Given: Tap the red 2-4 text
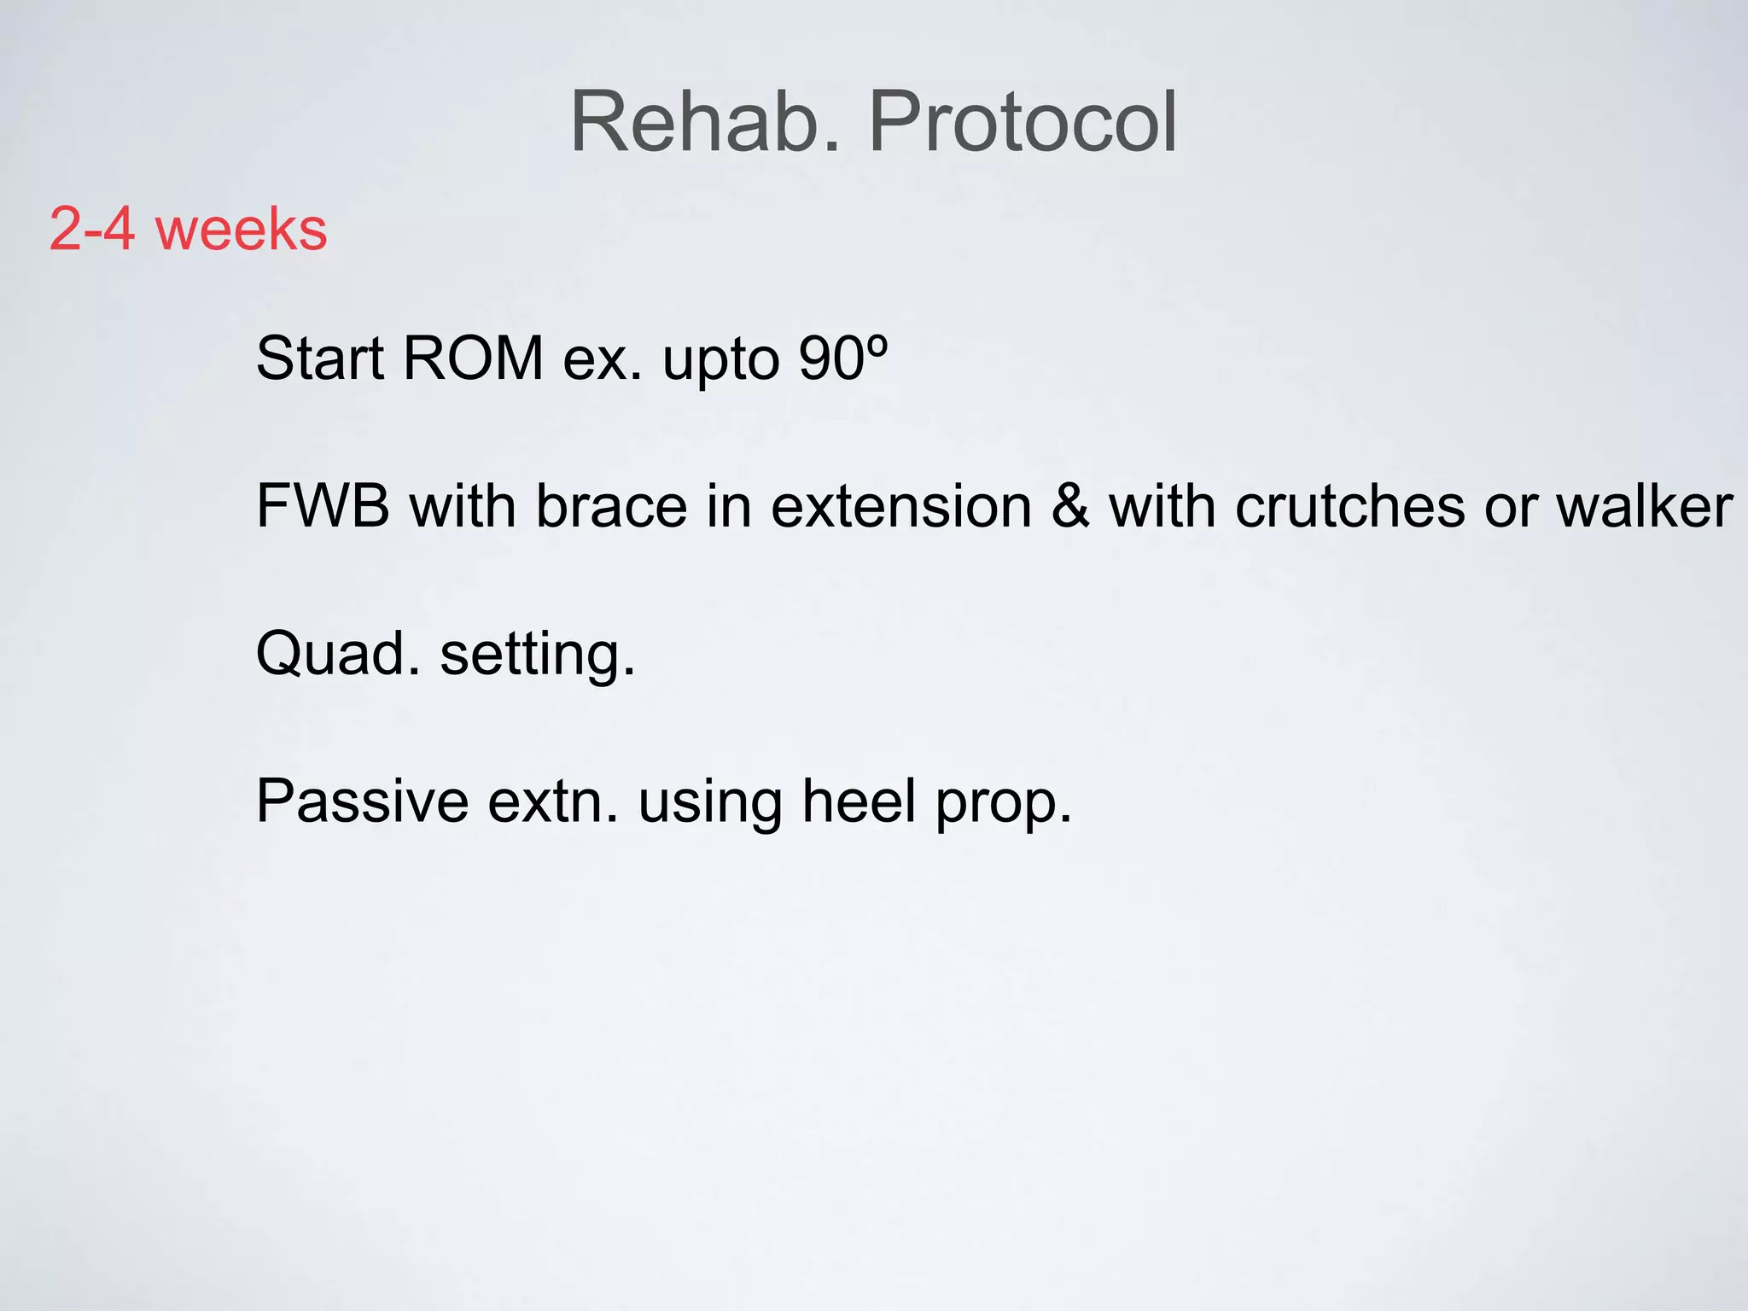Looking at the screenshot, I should (x=92, y=229).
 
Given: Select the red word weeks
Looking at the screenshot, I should (x=242, y=229).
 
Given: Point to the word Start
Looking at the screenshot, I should (x=320, y=358).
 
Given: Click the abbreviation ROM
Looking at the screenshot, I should (x=473, y=358).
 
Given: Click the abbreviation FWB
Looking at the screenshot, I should (x=323, y=506).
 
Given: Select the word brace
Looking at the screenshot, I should (x=611, y=506).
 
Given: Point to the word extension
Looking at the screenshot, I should (x=901, y=506).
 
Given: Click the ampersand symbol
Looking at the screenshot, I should (x=1070, y=506).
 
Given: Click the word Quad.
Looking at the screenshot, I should (x=338, y=655).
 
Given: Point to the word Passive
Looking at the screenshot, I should (x=363, y=801).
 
